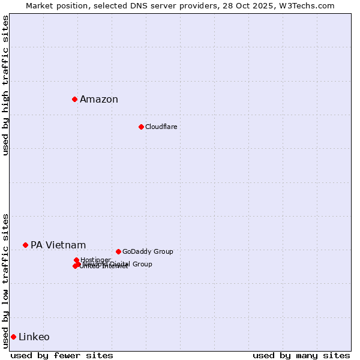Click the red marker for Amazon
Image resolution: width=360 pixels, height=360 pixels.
point(74,99)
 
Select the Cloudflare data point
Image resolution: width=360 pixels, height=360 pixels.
point(141,127)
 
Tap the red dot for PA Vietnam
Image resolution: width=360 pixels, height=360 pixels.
point(25,245)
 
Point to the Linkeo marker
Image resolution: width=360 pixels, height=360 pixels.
point(13,337)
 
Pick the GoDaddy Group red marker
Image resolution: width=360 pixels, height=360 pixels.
point(118,251)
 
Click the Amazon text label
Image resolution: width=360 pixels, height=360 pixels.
point(99,100)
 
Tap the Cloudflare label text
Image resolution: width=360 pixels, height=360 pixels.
point(161,127)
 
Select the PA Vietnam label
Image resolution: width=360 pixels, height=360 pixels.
point(58,245)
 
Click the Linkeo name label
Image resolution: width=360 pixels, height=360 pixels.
point(34,337)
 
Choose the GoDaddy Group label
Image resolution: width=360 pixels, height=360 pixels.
point(148,251)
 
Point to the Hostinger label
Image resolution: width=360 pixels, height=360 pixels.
point(95,260)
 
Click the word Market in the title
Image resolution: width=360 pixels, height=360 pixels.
point(40,5)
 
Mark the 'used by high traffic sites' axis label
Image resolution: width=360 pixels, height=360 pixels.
point(6,85)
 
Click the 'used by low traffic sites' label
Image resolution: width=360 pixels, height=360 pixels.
point(6,281)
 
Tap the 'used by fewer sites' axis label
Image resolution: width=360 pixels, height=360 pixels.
point(62,355)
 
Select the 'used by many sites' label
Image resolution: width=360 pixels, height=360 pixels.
point(301,355)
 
